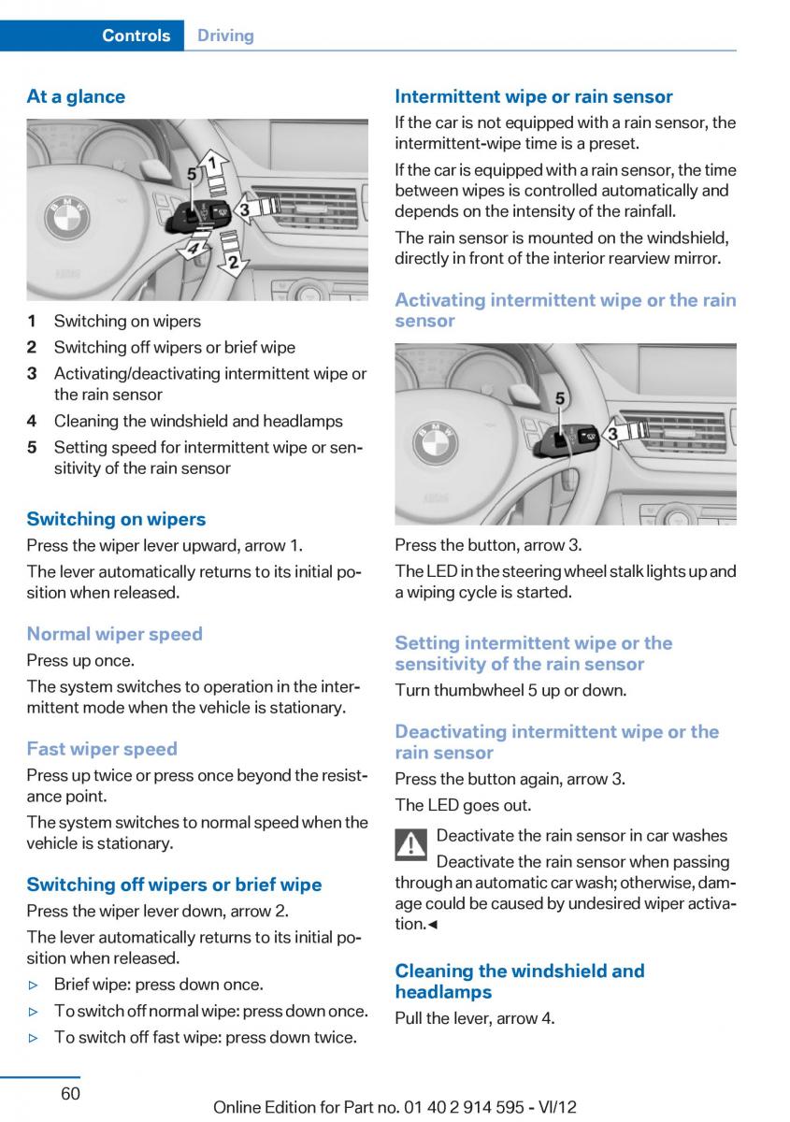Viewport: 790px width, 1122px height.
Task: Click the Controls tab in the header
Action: [x=136, y=36]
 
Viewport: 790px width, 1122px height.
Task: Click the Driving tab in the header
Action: [x=225, y=36]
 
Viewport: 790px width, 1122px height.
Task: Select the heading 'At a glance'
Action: [x=76, y=96]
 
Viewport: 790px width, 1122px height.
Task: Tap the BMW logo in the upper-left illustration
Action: [x=67, y=222]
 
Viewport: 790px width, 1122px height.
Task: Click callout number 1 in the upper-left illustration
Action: [x=213, y=164]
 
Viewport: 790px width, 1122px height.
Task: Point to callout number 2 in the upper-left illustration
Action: [x=233, y=262]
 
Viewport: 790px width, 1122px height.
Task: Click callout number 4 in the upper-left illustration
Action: [x=192, y=250]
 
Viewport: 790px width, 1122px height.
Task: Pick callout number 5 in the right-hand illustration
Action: [x=560, y=399]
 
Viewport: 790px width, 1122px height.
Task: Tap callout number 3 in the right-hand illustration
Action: [x=613, y=433]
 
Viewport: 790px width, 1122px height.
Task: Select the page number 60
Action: [x=70, y=1093]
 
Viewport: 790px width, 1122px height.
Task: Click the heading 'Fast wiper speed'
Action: [x=102, y=748]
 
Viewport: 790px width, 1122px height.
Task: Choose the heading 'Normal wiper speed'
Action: [x=114, y=634]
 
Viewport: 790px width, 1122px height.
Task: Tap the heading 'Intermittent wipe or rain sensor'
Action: [x=533, y=96]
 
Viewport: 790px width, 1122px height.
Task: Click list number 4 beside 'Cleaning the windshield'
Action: [x=32, y=421]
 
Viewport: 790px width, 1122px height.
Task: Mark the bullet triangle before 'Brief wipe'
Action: [x=34, y=985]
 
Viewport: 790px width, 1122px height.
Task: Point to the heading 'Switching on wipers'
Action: [x=116, y=519]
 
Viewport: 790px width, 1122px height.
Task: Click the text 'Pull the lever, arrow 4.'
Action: [x=474, y=1018]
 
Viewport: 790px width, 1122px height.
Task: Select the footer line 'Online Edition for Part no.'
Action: [x=395, y=1107]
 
